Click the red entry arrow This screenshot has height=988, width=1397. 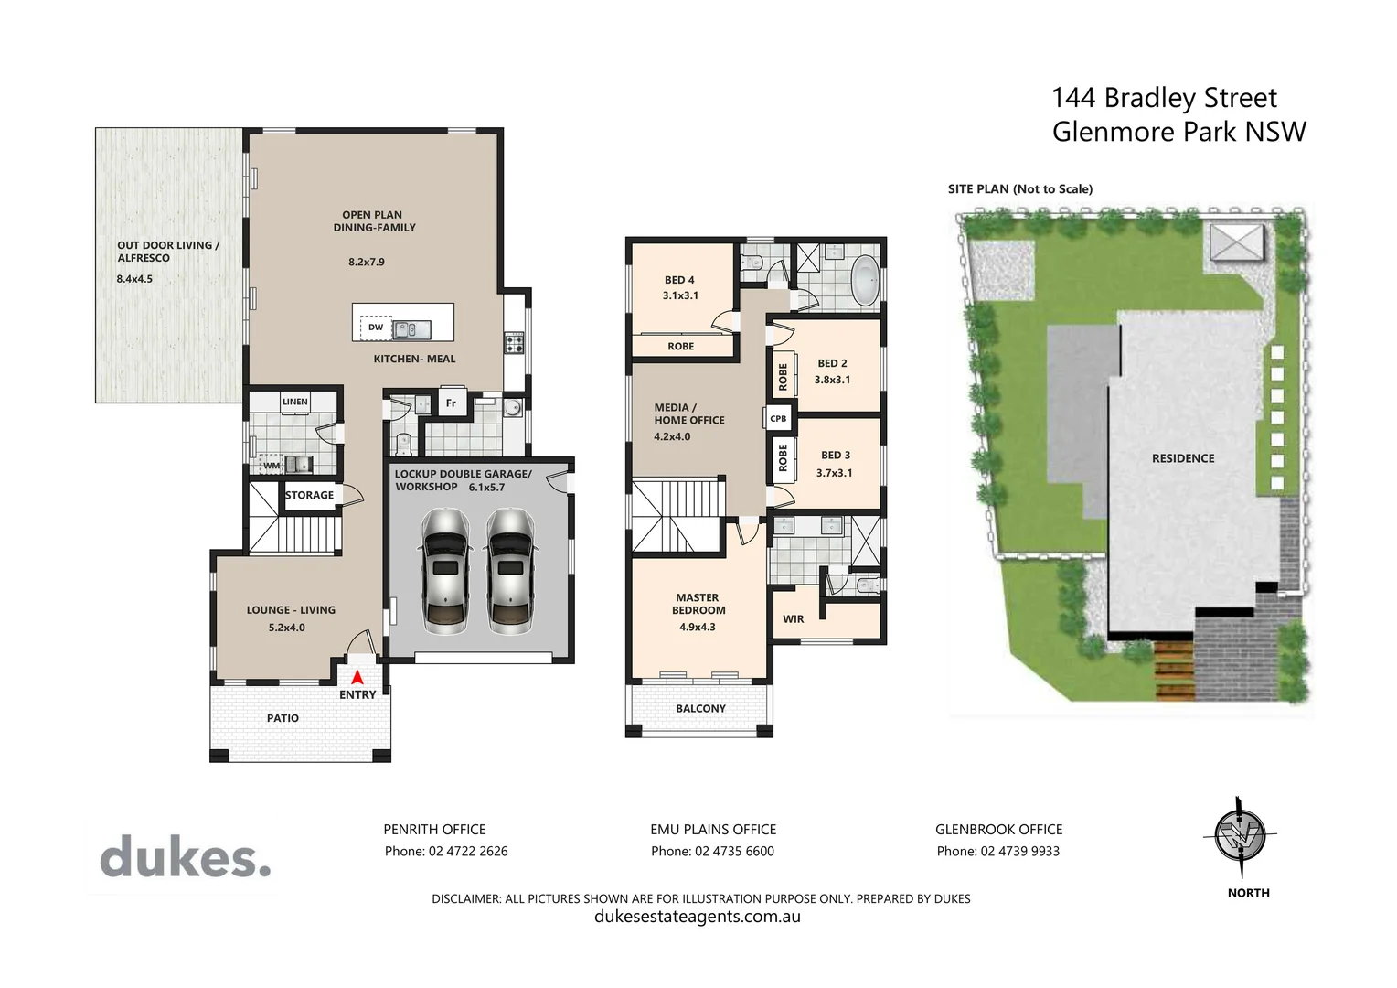357,678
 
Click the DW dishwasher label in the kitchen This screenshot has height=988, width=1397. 376,327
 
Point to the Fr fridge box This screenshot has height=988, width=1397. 451,403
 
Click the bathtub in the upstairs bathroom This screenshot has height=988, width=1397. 864,281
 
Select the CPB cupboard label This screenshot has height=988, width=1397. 778,419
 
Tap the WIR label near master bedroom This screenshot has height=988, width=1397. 793,619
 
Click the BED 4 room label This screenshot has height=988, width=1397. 679,280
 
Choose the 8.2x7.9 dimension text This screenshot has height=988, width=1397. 367,262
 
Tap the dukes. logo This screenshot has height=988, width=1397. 186,857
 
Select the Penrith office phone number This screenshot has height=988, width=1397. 446,851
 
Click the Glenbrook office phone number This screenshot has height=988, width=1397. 998,851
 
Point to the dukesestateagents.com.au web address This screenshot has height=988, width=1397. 698,917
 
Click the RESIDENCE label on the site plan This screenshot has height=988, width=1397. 1183,458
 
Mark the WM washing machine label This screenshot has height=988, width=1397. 272,466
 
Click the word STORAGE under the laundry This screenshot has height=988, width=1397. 309,495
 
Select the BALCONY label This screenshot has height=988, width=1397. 700,708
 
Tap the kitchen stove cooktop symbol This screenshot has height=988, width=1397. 514,344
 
